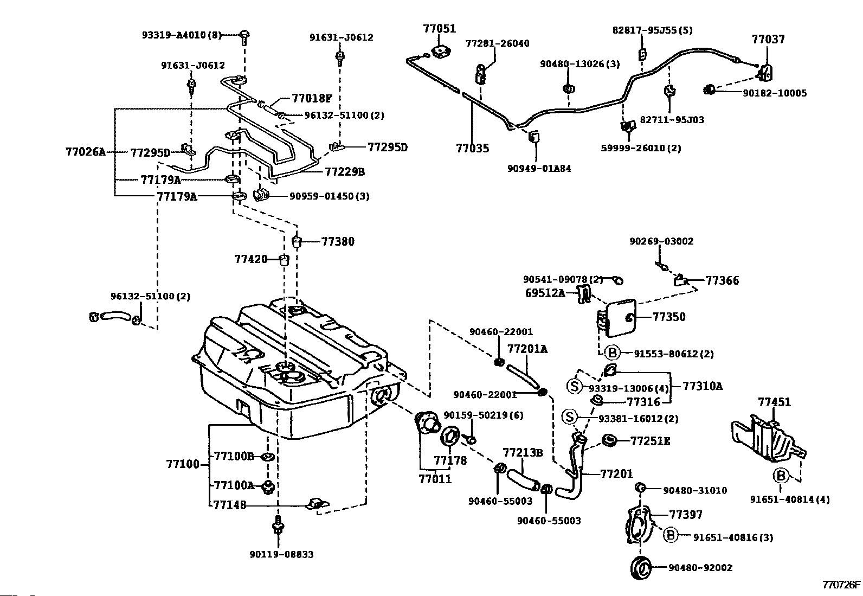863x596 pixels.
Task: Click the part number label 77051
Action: (440, 29)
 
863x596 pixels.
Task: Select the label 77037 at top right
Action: (768, 39)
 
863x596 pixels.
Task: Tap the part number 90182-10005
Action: (774, 93)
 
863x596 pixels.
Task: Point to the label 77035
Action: (472, 148)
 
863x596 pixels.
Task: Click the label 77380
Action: (338, 242)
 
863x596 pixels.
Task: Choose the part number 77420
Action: (251, 259)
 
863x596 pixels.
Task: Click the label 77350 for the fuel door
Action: (669, 317)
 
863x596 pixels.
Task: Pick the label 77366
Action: (722, 281)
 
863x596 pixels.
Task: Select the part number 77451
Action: (774, 402)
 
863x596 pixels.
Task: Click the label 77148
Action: (230, 505)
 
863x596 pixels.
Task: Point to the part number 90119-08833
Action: (281, 555)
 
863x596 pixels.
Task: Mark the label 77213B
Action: (523, 452)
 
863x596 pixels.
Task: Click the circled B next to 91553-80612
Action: (611, 354)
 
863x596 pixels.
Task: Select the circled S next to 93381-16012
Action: (569, 417)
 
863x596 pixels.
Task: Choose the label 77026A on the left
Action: (85, 152)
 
